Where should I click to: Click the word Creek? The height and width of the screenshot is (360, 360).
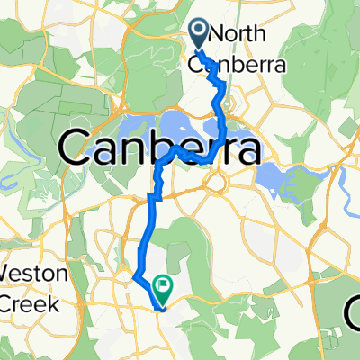click(29, 303)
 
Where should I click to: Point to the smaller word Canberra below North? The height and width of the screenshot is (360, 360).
click(236, 65)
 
